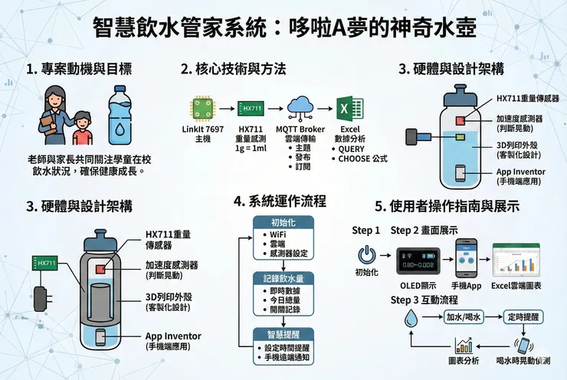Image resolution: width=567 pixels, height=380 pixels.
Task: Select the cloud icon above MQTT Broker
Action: click(301, 105)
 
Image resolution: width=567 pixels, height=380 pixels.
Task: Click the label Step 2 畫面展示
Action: click(425, 230)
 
